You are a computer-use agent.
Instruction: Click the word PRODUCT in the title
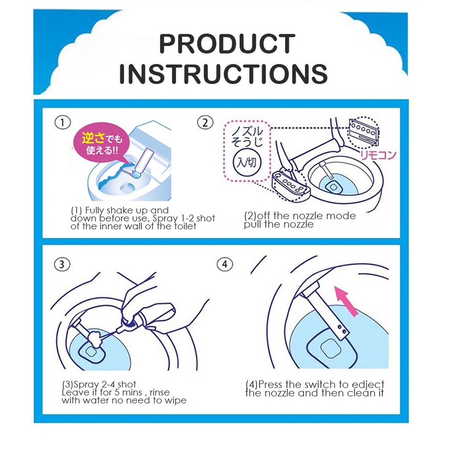tap(227, 44)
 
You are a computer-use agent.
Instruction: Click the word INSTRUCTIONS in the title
tap(223, 74)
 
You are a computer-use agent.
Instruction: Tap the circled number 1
tap(62, 122)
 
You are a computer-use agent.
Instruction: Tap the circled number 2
tap(205, 123)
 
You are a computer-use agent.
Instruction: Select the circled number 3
tap(62, 264)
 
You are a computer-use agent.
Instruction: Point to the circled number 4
tap(225, 264)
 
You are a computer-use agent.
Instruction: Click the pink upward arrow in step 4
tap(347, 300)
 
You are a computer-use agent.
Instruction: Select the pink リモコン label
tap(378, 155)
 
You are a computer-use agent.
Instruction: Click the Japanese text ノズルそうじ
tap(247, 136)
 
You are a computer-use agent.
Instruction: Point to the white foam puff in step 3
tap(93, 338)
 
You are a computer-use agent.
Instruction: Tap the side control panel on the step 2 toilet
tap(291, 185)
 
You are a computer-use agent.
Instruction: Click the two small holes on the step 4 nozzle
tap(341, 330)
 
